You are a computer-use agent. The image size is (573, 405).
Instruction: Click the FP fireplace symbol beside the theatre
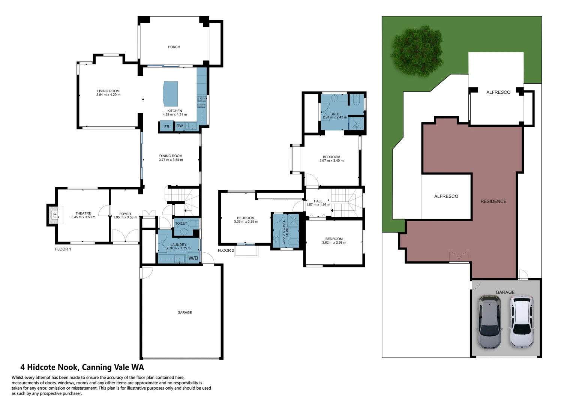(55, 215)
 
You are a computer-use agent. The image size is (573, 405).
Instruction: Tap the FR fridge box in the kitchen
(167, 127)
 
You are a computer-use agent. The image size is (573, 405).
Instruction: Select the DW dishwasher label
(180, 126)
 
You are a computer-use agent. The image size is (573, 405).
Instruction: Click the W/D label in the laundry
(193, 258)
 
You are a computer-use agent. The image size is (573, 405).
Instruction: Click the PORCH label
(174, 47)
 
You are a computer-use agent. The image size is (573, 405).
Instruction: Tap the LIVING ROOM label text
(108, 91)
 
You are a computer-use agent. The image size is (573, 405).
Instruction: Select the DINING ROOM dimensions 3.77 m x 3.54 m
(171, 160)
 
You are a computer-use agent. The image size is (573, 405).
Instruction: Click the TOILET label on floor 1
(181, 223)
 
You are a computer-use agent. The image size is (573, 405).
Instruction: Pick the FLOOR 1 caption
(63, 249)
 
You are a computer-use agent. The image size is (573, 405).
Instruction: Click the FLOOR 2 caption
(226, 250)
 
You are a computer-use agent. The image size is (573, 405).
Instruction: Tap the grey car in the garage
(489, 321)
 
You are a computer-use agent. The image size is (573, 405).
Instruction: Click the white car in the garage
(522, 321)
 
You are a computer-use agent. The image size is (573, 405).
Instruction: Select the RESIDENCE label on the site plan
(493, 201)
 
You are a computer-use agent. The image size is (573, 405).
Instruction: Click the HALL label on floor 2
(318, 201)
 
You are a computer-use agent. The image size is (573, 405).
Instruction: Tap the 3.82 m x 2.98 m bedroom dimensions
(334, 243)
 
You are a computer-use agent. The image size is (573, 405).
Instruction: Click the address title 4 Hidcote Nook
(82, 367)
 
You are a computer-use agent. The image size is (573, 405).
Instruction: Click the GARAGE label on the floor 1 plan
(184, 312)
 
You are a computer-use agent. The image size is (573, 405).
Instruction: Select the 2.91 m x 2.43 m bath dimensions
(335, 117)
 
